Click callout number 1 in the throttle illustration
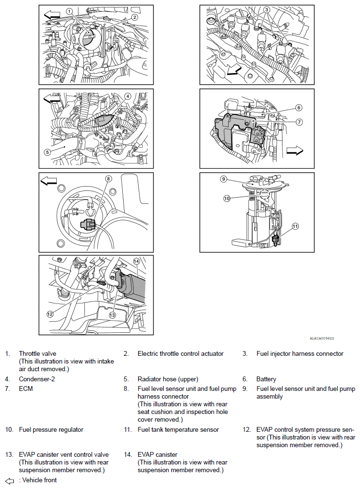click(x=69, y=11)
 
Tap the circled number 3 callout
click(x=267, y=9)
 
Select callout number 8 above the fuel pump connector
click(x=109, y=178)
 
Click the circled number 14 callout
click(x=136, y=261)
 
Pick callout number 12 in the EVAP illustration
click(x=50, y=314)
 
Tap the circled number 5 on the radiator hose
click(x=47, y=152)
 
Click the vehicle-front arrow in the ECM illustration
click(x=295, y=150)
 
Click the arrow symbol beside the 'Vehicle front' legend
click(x=10, y=481)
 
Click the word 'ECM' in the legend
click(x=26, y=389)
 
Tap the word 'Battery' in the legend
click(x=266, y=379)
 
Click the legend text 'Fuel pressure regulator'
click(x=51, y=429)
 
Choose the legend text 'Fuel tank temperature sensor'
click(x=178, y=429)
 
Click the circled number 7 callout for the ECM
click(x=299, y=122)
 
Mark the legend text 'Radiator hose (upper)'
click(x=168, y=379)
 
